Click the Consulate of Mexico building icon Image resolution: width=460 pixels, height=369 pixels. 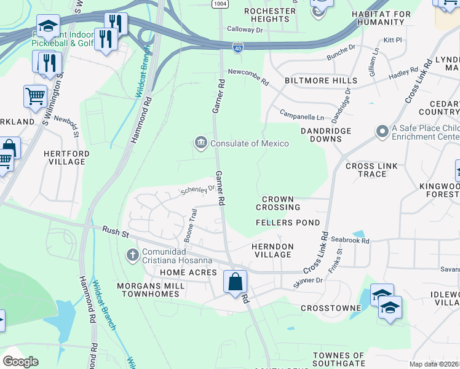point(201,143)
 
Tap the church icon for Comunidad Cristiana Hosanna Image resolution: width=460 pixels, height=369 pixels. point(132,255)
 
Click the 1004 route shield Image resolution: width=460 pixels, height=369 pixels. point(220,4)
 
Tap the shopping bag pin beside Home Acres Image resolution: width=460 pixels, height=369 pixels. point(235,282)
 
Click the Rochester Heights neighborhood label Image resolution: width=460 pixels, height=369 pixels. point(270,15)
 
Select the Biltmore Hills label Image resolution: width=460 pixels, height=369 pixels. point(320,81)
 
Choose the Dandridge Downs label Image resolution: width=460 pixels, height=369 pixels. point(325,135)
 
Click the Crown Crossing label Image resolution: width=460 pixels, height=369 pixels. point(277,204)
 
